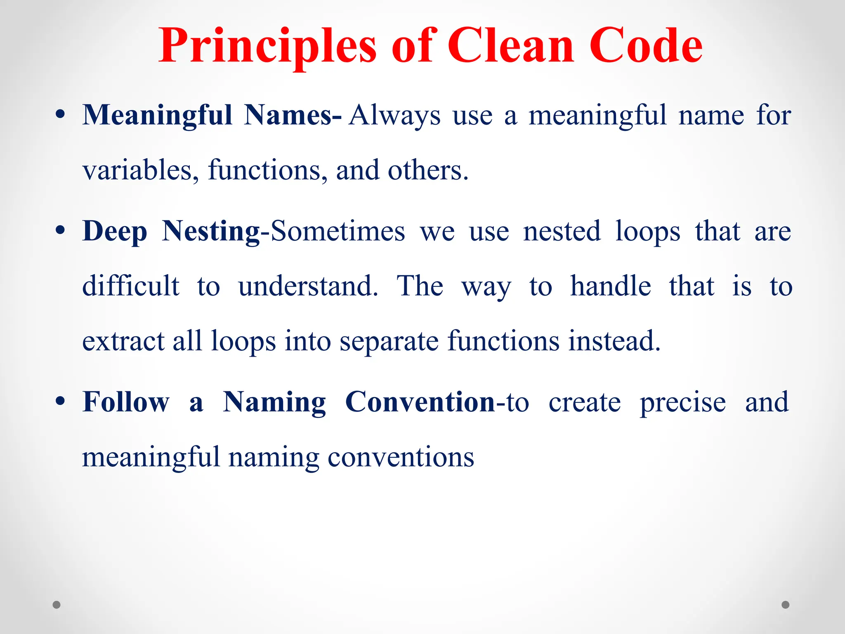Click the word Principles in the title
[x=267, y=46]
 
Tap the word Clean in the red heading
[x=511, y=46]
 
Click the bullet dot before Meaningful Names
[x=60, y=115]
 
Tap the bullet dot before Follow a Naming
[x=60, y=402]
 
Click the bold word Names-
[x=293, y=115]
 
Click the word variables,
[x=140, y=170]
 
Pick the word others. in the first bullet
[x=428, y=170]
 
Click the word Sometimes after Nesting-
[x=338, y=231]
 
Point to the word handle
[x=610, y=286]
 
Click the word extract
[x=123, y=341]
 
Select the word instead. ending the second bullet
[x=614, y=341]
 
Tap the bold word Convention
[x=420, y=402]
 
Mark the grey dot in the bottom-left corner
[x=57, y=605]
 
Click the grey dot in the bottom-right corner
[x=786, y=605]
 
